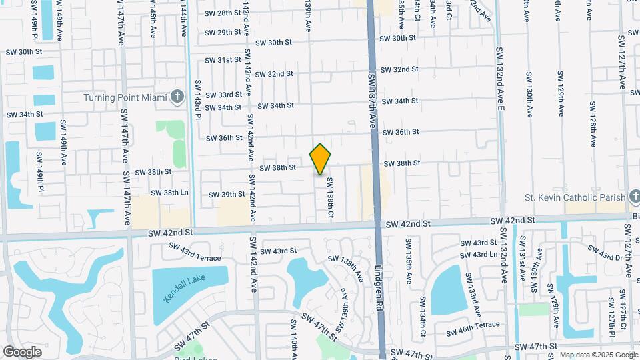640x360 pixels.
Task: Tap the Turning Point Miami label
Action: [125, 98]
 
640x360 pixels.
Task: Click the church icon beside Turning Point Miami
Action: [177, 97]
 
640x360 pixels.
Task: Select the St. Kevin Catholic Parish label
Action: [575, 197]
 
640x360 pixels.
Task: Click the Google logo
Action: [23, 351]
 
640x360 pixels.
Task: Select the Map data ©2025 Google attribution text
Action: [599, 355]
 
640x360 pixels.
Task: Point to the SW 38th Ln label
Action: [171, 193]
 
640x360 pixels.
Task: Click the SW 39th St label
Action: [227, 195]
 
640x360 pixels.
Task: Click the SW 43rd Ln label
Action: [475, 255]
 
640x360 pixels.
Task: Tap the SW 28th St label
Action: [223, 13]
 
